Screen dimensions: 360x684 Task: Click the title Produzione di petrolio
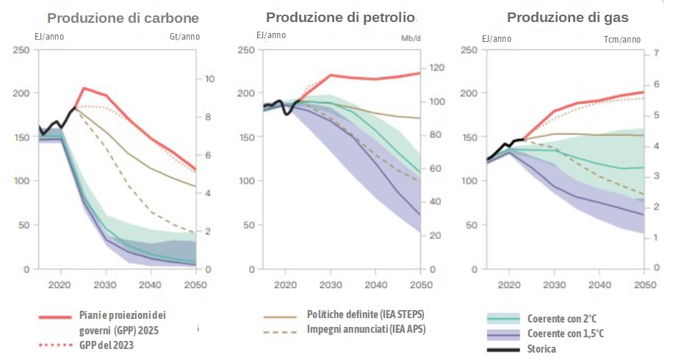click(340, 17)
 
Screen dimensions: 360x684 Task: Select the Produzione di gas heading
click(563, 18)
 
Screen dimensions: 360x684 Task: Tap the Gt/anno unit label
click(184, 37)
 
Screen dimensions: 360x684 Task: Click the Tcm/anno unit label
click(622, 40)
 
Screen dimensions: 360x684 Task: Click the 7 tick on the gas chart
click(656, 54)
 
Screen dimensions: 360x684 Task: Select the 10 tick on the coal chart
click(209, 79)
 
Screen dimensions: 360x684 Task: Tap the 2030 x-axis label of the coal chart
click(106, 284)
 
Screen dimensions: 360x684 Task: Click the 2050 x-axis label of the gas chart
click(644, 284)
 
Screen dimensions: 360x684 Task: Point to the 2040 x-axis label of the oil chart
click(375, 284)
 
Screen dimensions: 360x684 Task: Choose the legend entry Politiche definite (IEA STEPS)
click(366, 314)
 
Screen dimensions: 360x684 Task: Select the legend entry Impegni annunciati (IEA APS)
click(366, 328)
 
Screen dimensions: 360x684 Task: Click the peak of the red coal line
click(84, 88)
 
